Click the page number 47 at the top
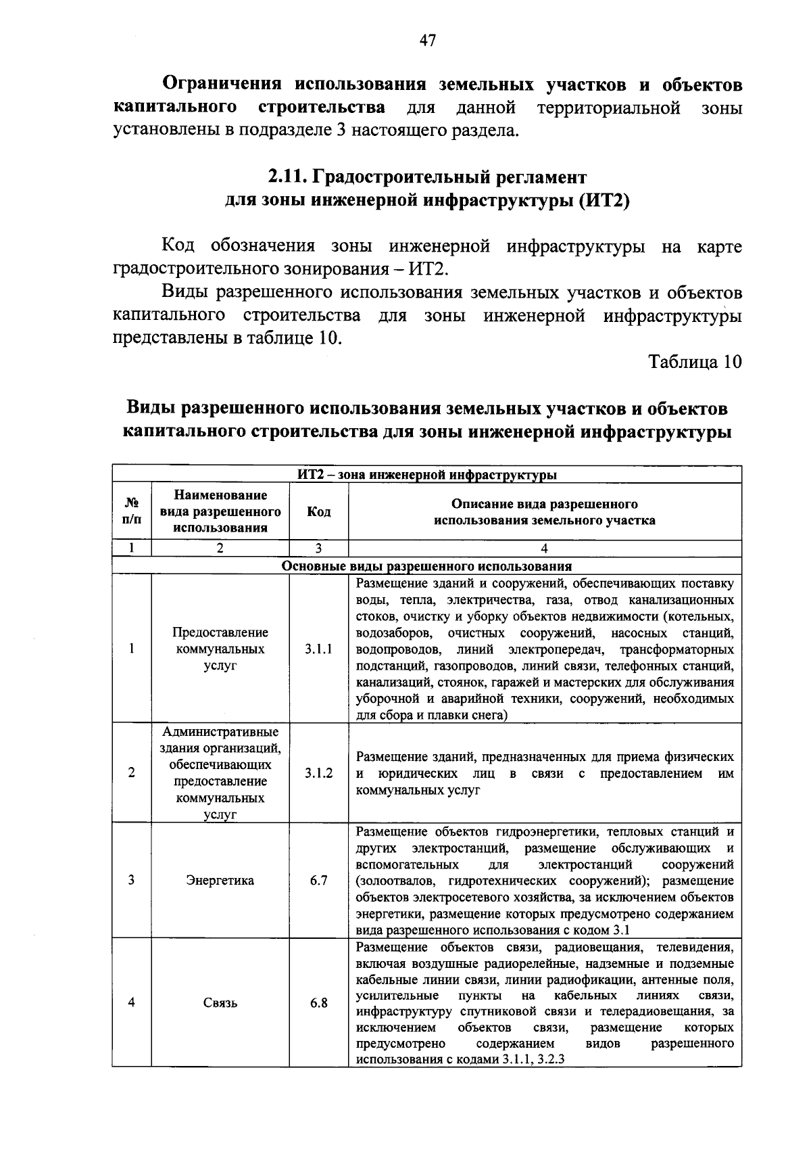point(427,41)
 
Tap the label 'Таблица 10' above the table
point(695,361)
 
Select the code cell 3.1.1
point(318,649)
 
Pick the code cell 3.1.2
point(318,773)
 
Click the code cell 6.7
point(318,881)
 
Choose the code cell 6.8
point(318,1003)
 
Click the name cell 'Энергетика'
point(220,881)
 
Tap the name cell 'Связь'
point(220,1003)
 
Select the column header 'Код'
point(318,512)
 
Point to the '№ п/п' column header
point(132,512)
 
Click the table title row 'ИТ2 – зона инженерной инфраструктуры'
point(427,475)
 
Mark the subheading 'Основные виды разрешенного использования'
point(427,566)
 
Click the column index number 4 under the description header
point(545,549)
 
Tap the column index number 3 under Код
point(318,549)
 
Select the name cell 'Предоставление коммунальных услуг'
point(220,649)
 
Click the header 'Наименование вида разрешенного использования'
point(220,512)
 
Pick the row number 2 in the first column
point(132,773)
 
